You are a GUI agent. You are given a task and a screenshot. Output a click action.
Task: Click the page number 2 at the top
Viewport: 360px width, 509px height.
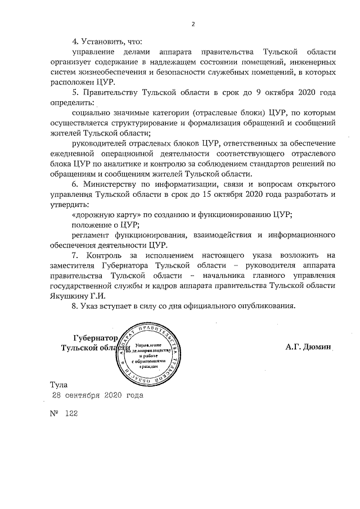[192, 24]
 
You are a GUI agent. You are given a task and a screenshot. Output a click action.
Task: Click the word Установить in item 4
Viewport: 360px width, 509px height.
[110, 42]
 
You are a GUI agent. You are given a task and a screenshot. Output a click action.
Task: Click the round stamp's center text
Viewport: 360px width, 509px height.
[150, 354]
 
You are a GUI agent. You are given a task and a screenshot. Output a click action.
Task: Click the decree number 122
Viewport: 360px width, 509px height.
[71, 413]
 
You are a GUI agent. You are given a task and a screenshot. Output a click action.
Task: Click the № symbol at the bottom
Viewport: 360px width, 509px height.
[55, 413]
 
